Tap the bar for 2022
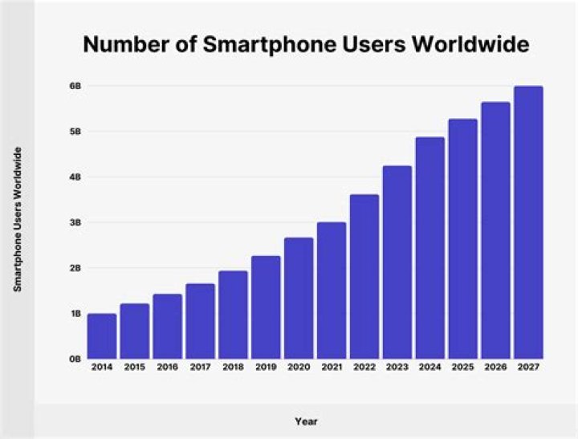coord(364,276)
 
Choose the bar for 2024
coord(429,248)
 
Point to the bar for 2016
coord(168,327)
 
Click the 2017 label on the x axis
coord(201,368)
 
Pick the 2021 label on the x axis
coord(332,368)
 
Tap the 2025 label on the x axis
coord(462,368)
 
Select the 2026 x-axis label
coord(495,368)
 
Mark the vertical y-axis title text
coord(18,219)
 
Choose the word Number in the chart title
coord(123,46)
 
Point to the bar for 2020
coord(299,298)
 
